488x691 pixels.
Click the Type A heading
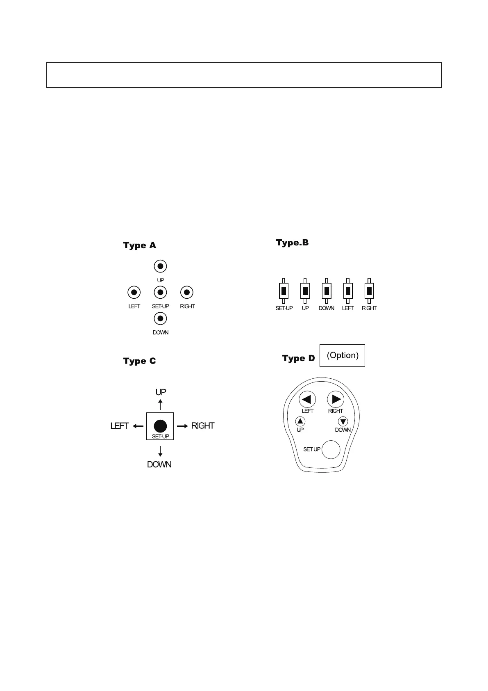coord(139,245)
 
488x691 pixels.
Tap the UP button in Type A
coord(160,266)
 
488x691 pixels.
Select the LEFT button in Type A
coord(134,293)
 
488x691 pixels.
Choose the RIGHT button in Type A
coord(187,293)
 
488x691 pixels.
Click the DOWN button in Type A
coord(160,318)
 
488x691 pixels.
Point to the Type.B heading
coord(292,243)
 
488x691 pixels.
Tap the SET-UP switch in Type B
coord(284,291)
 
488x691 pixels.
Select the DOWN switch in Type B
coord(326,291)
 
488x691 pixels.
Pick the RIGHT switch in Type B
coord(369,291)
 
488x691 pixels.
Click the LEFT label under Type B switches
coord(347,308)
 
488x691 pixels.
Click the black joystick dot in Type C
coord(160,426)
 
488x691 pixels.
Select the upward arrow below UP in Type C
coord(160,404)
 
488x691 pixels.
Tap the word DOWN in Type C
coord(159,464)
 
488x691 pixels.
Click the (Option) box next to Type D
coord(342,355)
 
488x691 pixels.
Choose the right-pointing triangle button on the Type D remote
coord(336,399)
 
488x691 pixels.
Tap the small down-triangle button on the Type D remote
coord(343,421)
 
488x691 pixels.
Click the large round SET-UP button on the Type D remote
coord(331,450)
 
